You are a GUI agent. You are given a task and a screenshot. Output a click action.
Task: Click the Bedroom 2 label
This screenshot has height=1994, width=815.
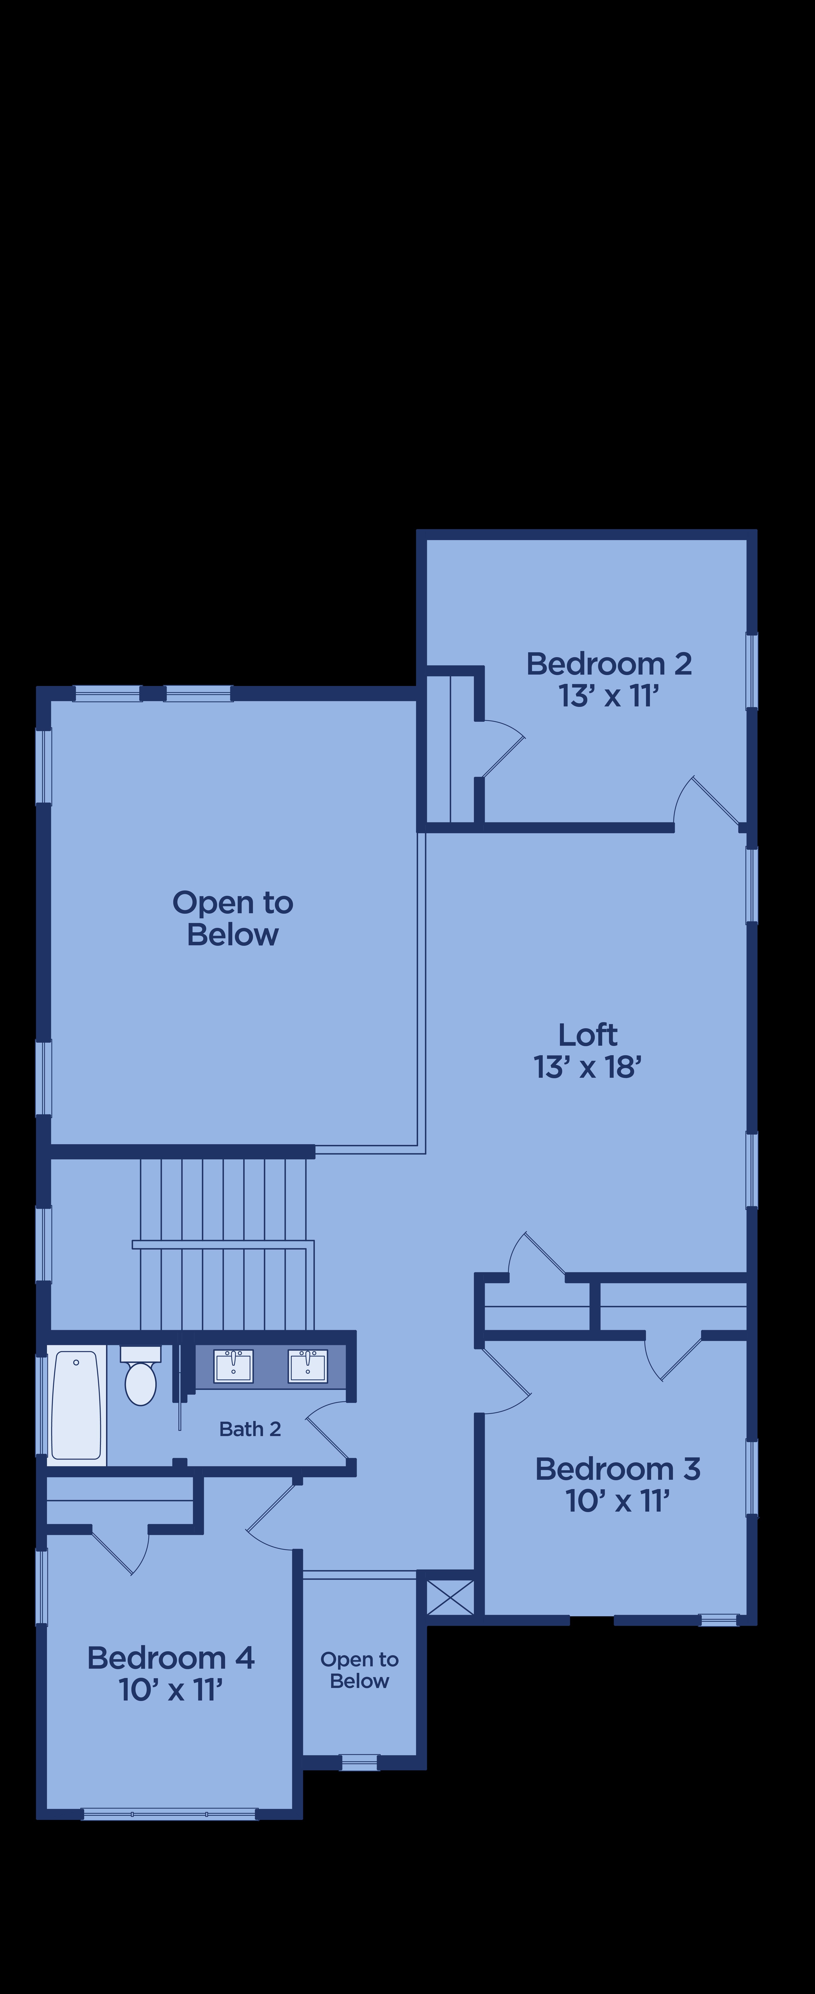click(609, 663)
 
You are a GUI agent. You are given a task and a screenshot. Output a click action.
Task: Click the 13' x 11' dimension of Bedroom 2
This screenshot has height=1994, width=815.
click(609, 696)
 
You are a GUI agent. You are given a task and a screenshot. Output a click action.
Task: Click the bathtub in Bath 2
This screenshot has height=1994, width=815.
click(76, 1405)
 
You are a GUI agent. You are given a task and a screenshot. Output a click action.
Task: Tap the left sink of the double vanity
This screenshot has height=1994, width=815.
click(233, 1365)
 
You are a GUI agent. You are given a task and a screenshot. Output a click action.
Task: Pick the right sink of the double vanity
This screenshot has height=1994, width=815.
click(308, 1365)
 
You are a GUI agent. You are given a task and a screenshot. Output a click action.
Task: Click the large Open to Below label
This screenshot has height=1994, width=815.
click(233, 918)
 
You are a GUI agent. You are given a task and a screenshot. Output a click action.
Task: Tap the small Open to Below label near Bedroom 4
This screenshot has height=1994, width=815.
click(359, 1670)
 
